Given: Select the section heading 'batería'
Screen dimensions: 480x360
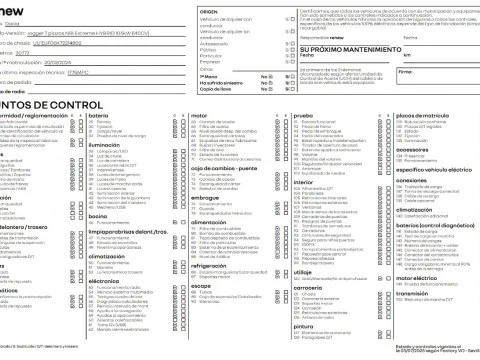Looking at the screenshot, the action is click(99, 116).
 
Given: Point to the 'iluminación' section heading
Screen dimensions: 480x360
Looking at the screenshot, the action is click(106, 145).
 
